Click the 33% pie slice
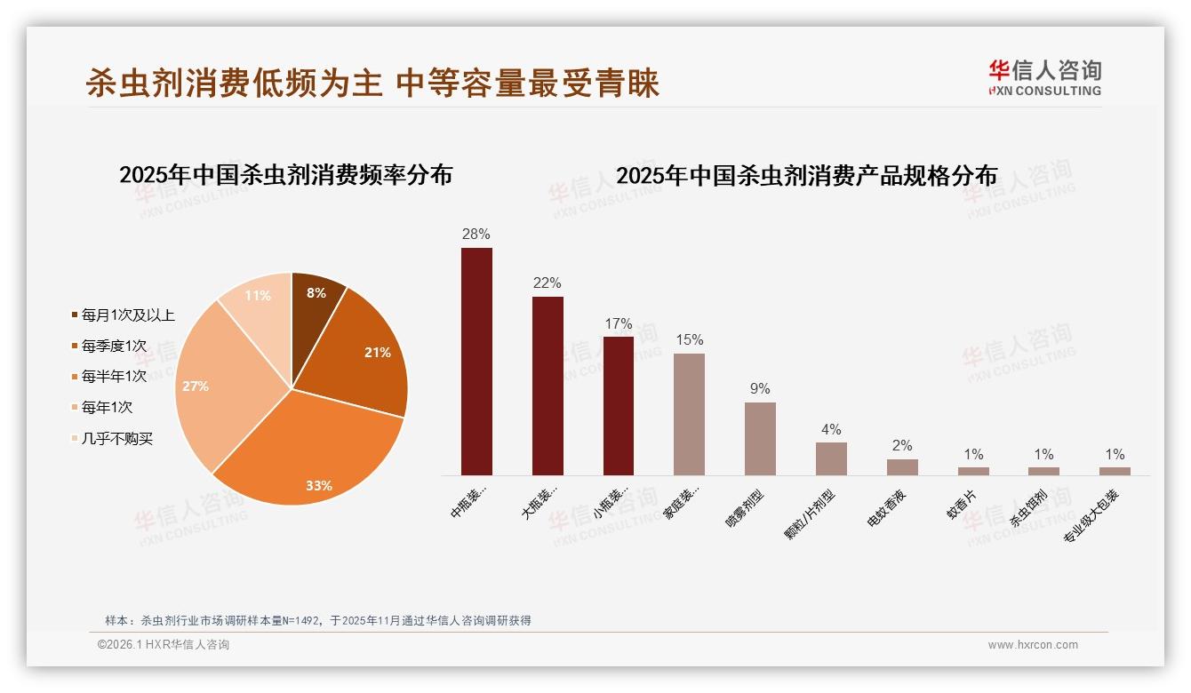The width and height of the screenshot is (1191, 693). [311, 453]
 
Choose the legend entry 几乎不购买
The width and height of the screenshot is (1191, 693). [116, 439]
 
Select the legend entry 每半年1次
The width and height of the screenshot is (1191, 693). [113, 377]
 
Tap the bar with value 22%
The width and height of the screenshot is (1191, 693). [548, 386]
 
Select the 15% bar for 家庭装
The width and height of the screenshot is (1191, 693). [689, 414]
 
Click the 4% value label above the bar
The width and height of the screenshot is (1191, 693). [831, 430]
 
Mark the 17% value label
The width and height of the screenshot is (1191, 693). [618, 324]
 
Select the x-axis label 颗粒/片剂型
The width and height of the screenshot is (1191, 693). [809, 514]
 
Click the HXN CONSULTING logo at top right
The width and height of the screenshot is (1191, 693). [1044, 77]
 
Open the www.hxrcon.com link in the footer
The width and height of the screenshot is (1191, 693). [1033, 645]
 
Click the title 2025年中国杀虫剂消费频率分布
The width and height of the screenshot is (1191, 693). [286, 175]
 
